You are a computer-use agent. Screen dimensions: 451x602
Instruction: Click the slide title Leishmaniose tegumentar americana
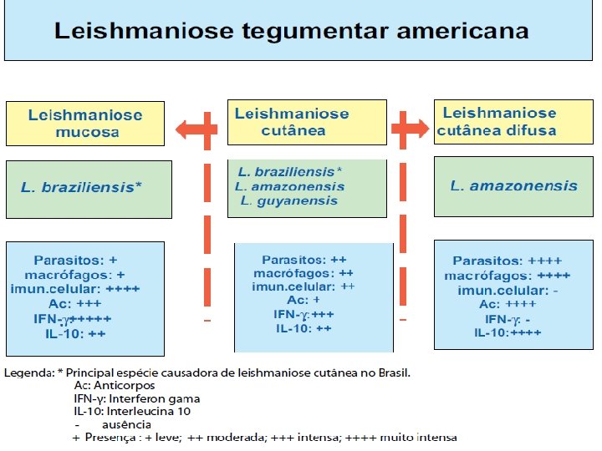291,33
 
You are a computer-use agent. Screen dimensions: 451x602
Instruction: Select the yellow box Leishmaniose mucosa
85,124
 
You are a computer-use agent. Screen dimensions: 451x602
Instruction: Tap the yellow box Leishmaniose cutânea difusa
498,122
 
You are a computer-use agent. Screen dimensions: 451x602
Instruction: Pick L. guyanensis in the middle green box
289,200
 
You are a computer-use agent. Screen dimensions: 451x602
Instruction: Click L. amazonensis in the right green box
513,185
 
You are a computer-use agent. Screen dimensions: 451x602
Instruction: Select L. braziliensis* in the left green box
81,187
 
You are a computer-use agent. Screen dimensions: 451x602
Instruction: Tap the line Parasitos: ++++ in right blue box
507,261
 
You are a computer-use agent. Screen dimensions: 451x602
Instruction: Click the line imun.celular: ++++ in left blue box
75,289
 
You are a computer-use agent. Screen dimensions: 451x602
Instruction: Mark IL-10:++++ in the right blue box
508,332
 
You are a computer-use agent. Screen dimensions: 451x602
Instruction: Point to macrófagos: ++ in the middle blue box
304,273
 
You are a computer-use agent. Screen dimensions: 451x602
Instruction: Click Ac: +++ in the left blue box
79,304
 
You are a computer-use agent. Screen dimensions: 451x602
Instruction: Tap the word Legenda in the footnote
31,372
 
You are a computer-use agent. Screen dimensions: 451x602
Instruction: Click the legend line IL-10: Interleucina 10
132,412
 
